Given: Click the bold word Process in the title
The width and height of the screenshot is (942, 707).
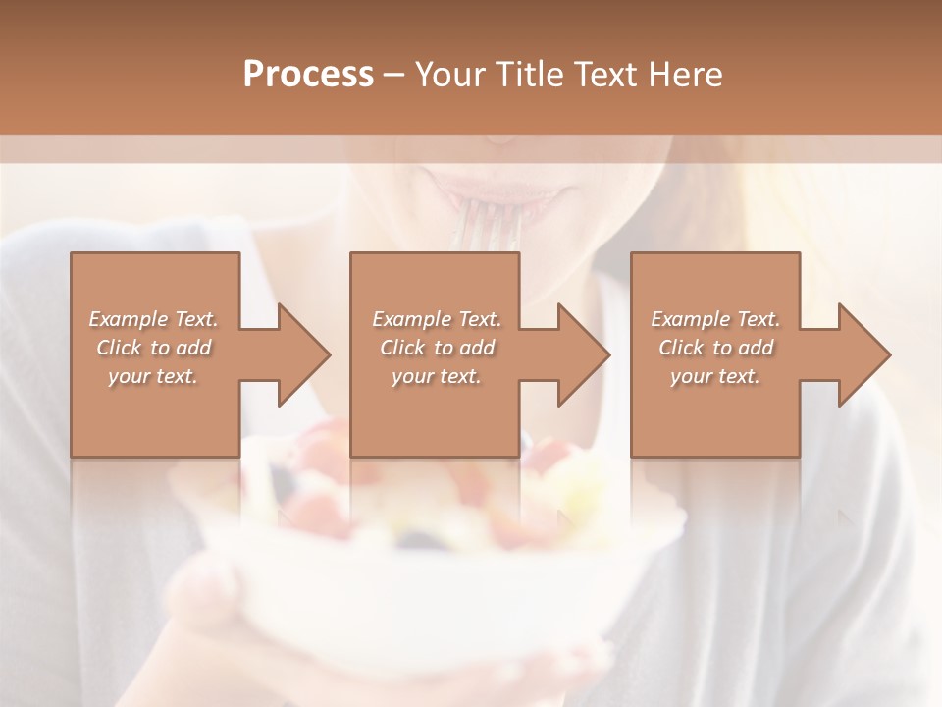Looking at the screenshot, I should click(308, 74).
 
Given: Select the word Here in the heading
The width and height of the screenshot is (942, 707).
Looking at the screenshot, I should click(685, 74).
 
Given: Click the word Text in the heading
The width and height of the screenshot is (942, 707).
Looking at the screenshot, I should click(604, 74).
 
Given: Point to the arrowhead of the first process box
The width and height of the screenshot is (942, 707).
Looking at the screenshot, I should click(304, 354).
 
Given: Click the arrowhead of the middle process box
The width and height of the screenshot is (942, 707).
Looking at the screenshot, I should click(584, 354).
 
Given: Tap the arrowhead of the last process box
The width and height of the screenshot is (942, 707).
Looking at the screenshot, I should click(864, 354).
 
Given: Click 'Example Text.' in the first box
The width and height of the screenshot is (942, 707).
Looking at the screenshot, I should click(153, 319).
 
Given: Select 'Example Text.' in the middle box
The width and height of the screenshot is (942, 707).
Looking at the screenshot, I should click(436, 319).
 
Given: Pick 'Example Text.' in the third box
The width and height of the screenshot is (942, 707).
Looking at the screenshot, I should click(715, 319).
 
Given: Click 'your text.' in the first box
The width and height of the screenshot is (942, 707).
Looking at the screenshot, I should click(153, 376).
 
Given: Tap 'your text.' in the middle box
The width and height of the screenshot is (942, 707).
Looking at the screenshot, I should click(436, 376).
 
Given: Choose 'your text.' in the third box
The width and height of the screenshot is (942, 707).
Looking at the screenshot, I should click(715, 376).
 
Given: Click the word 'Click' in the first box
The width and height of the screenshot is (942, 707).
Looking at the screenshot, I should click(119, 348).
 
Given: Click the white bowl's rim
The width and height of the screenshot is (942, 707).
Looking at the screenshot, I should click(442, 550).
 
